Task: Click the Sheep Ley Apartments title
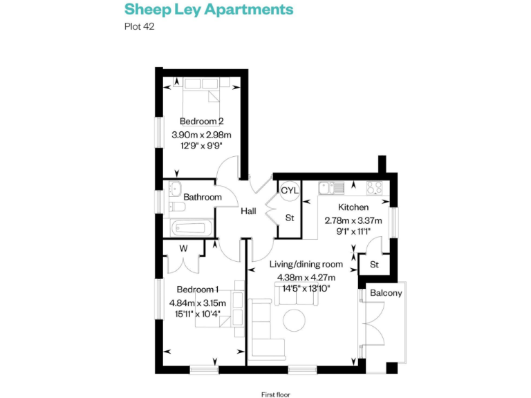[x=208, y=10]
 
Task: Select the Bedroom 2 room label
[x=201, y=122]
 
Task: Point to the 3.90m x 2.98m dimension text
[x=201, y=135]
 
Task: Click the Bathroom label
[x=203, y=198]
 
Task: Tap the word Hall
[x=249, y=212]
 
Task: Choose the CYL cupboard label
[x=289, y=190]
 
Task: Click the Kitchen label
[x=353, y=207]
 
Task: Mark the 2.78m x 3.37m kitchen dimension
[x=353, y=220]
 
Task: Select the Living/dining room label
[x=305, y=264]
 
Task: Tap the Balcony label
[x=386, y=293]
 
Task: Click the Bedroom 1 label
[x=198, y=290]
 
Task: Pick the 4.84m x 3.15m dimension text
[x=198, y=303]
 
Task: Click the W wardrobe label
[x=183, y=249]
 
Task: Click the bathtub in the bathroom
[x=192, y=227]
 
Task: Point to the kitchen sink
[x=337, y=187]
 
